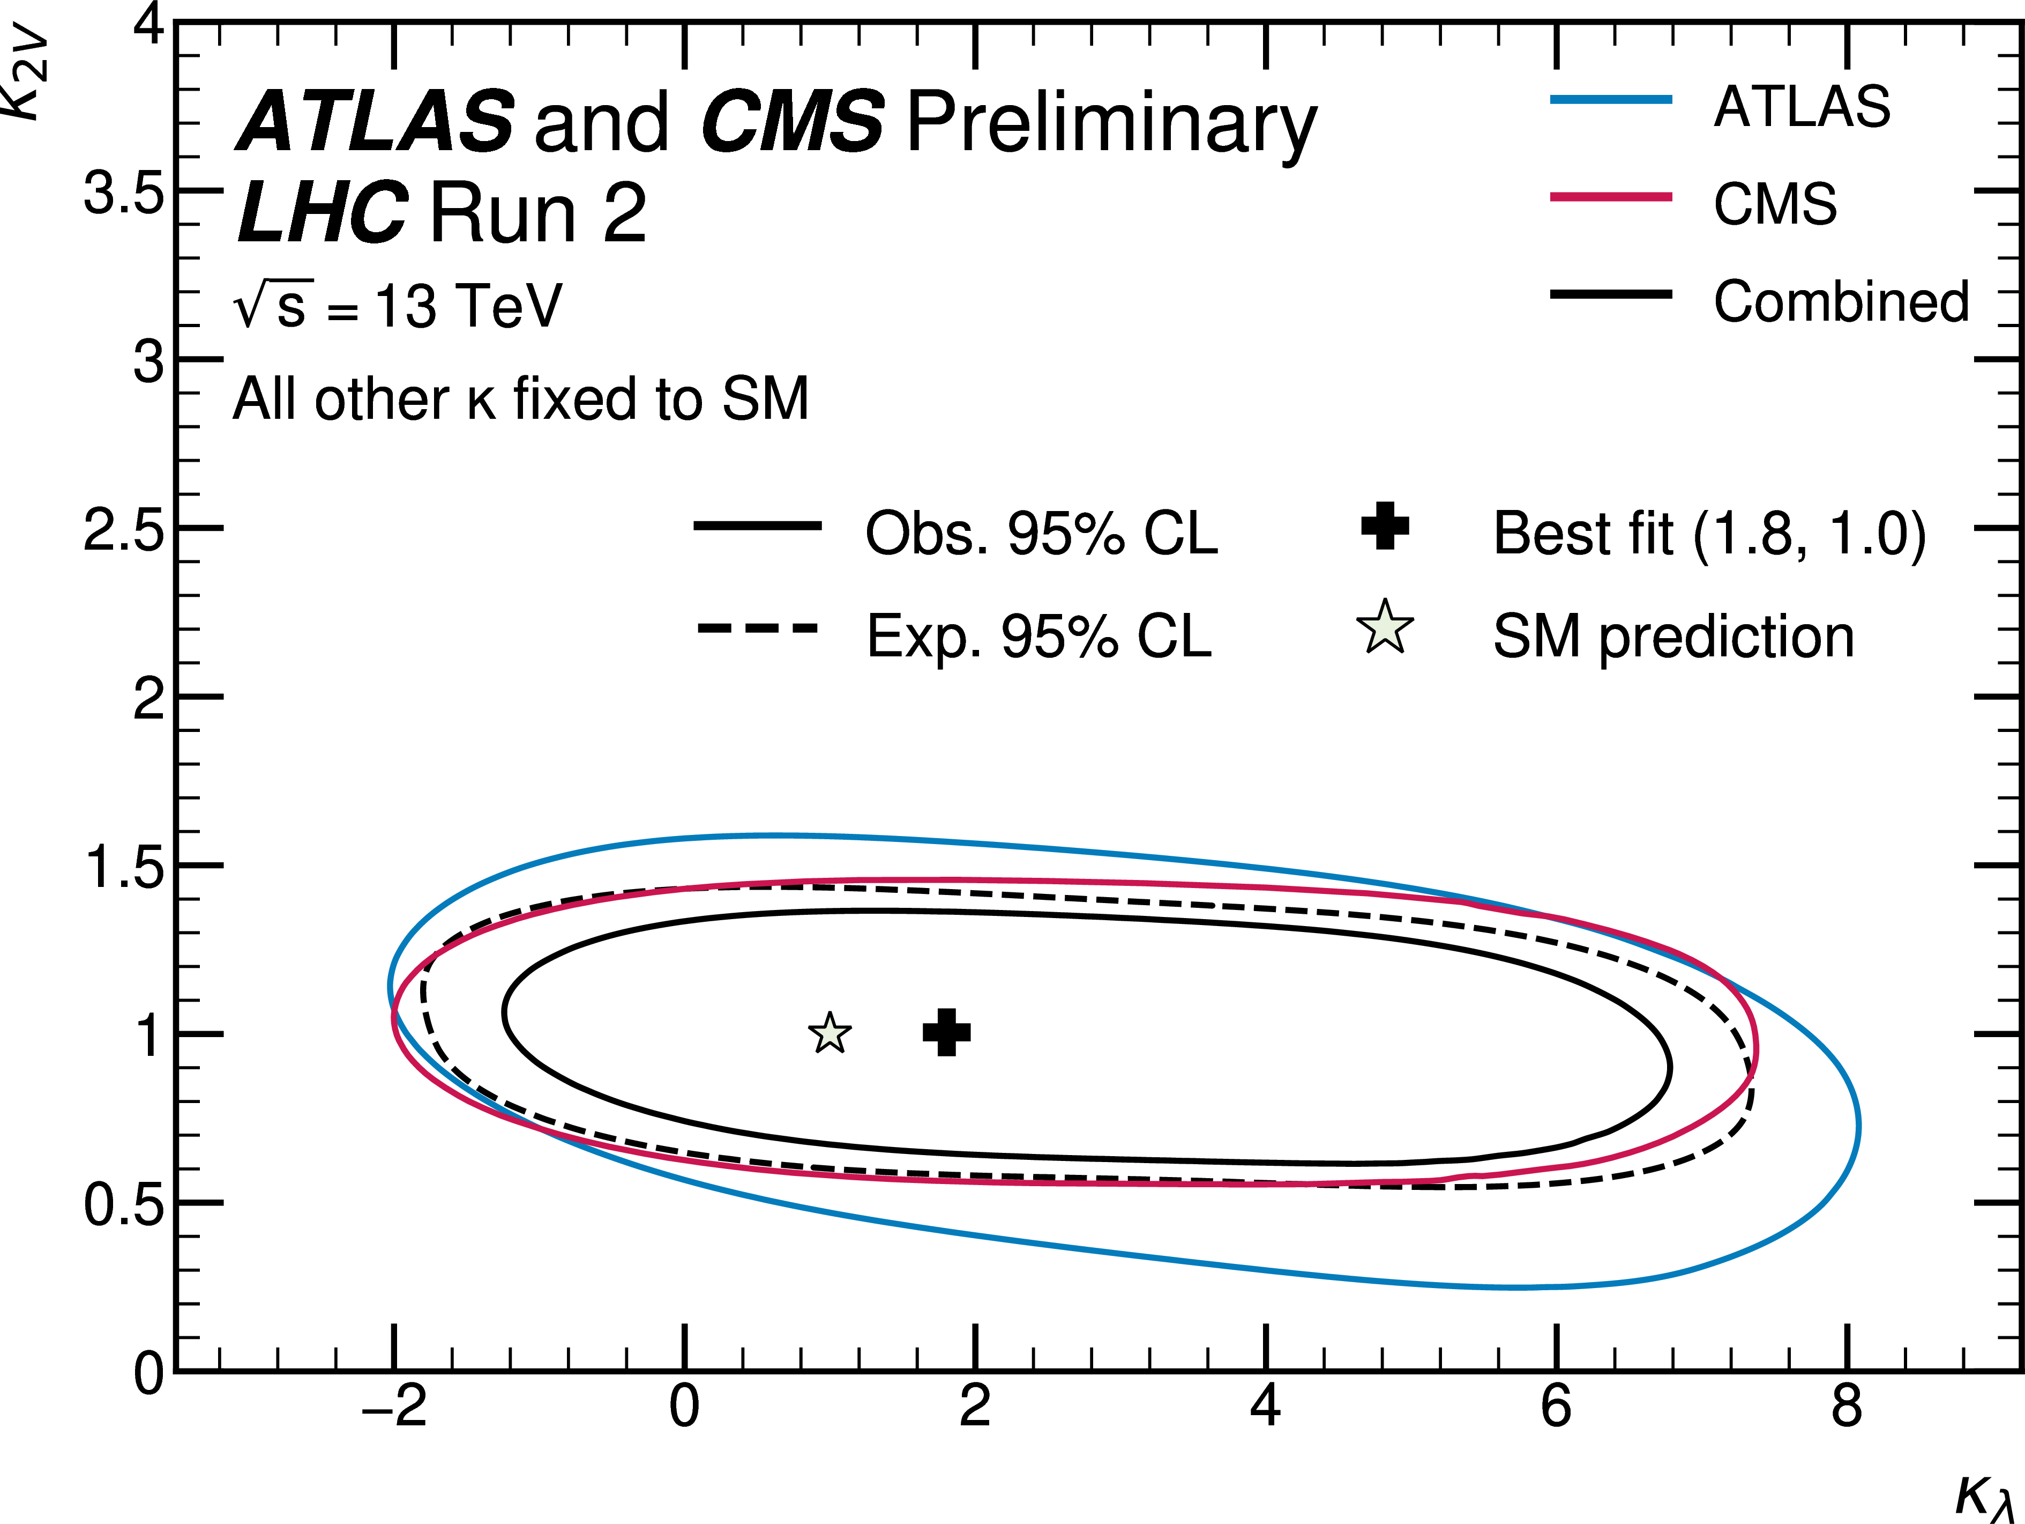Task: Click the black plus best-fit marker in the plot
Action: (946, 1032)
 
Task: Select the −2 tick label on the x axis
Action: (394, 1406)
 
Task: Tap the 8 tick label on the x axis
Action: (1847, 1406)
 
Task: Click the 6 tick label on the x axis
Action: (1556, 1406)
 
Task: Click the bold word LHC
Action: (322, 212)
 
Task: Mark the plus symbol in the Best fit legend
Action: (1385, 526)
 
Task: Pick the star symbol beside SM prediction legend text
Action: (1385, 628)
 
